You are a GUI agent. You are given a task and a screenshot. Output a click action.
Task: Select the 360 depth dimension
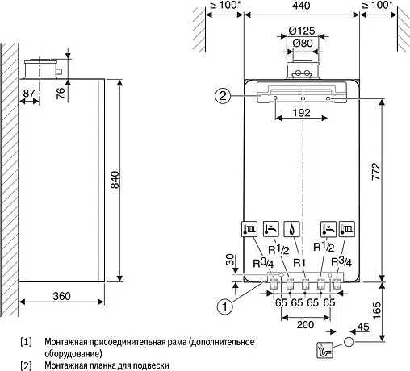pos(61,296)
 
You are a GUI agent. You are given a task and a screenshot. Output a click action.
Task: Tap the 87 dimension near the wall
pos(30,94)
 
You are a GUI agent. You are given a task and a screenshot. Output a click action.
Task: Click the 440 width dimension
pos(301,6)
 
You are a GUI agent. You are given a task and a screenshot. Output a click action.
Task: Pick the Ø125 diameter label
pos(302,31)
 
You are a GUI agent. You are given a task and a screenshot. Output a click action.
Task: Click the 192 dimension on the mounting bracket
pos(302,113)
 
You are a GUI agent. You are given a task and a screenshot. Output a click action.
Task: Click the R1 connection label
pos(301,261)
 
